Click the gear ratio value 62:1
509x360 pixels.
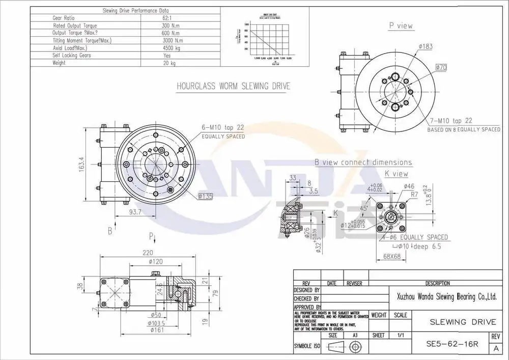[166, 18]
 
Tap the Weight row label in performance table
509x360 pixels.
[60, 63]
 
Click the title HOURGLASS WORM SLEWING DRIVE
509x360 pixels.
[233, 86]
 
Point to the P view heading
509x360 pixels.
[401, 26]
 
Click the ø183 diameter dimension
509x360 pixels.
[426, 46]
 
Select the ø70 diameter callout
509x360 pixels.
[440, 67]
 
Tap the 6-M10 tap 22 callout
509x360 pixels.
[223, 128]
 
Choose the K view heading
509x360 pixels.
[397, 174]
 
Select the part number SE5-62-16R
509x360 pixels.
[452, 344]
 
